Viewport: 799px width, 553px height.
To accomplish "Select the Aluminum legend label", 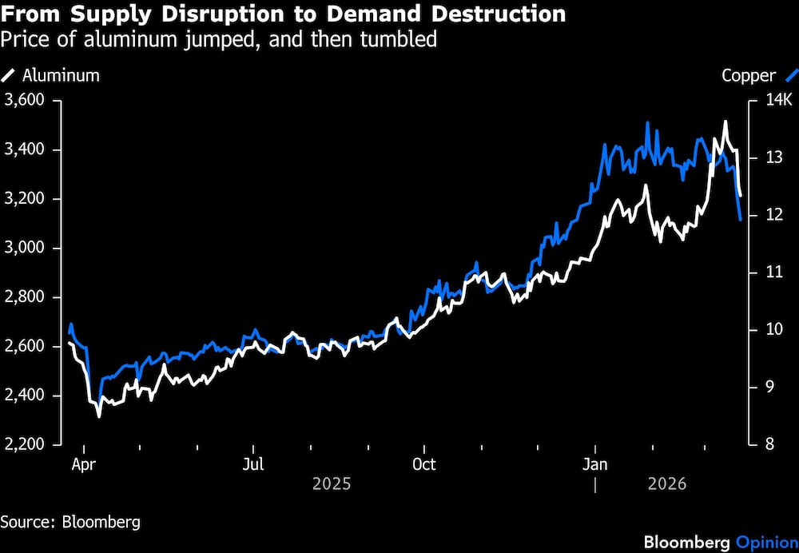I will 61,76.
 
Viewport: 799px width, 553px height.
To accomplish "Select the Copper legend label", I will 749,76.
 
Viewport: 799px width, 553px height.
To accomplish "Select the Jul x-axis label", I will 252,464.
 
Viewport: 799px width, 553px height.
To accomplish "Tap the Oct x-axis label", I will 424,464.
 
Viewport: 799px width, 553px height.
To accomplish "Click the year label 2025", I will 332,484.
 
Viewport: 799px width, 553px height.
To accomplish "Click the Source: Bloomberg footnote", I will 70,523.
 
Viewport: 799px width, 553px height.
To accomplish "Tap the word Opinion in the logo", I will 765,543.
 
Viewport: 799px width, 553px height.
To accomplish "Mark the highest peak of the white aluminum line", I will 725,121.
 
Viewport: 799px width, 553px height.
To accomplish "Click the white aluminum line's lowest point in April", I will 99,416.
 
